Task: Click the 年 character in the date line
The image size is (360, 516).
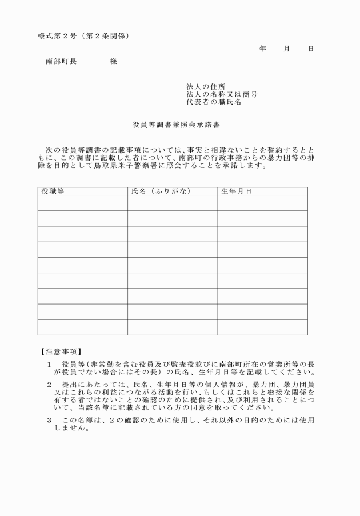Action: coord(262,49)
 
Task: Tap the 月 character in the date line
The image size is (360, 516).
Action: coord(287,49)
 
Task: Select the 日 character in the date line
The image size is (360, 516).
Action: coord(311,49)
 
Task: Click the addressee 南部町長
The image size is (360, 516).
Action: coord(61,61)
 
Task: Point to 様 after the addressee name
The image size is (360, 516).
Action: coord(114,61)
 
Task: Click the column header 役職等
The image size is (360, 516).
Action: coord(53,191)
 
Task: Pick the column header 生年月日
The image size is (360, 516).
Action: coord(236,191)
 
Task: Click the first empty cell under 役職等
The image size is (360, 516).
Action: coord(82,203)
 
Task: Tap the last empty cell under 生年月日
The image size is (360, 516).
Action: coord(262,327)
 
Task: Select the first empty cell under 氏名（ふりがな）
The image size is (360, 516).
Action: coord(172,203)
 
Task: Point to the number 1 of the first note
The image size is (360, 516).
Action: coord(50,364)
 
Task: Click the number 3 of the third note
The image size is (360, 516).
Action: coord(50,420)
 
